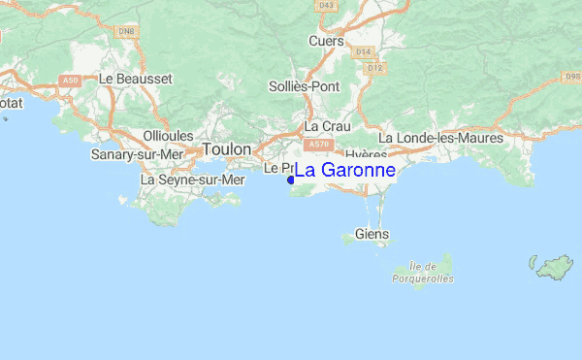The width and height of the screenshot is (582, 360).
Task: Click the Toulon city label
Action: click(x=227, y=149)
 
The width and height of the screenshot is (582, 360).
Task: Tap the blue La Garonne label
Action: click(x=344, y=170)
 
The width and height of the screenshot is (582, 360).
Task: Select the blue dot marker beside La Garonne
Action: click(x=290, y=180)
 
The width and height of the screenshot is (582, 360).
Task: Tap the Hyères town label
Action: click(x=365, y=155)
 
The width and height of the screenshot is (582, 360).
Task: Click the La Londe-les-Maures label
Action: click(x=440, y=138)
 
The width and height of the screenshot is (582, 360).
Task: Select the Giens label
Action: click(x=372, y=234)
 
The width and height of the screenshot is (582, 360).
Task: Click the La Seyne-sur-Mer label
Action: click(x=193, y=180)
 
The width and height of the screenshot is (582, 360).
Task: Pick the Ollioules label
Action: click(x=168, y=136)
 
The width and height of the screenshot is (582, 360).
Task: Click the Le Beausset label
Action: click(x=136, y=77)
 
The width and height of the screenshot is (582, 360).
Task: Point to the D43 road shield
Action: click(x=325, y=6)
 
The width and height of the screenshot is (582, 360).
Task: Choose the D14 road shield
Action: click(x=364, y=51)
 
